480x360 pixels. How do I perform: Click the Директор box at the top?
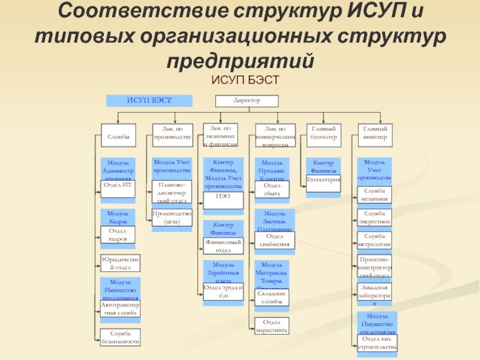click(x=247, y=101)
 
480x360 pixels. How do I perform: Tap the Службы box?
click(x=118, y=137)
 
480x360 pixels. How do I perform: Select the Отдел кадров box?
click(x=118, y=235)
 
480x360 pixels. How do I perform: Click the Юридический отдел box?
click(x=121, y=263)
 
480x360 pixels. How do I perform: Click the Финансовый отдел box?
click(x=223, y=246)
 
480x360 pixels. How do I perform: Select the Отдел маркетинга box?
click(x=272, y=326)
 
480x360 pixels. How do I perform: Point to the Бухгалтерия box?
click(x=323, y=179)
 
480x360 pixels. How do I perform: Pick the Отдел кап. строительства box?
click(x=377, y=343)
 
